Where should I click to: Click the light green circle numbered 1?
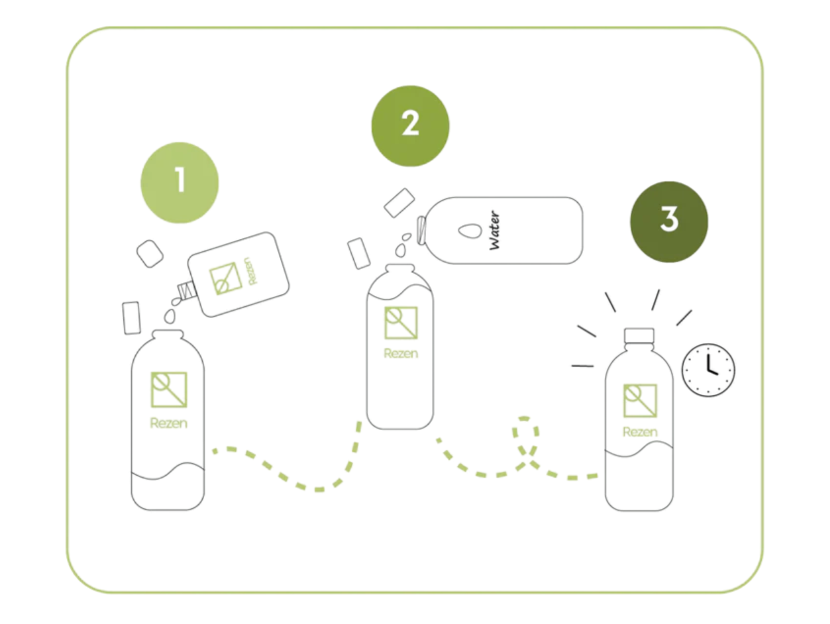[180, 183]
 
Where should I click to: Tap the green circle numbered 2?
[410, 126]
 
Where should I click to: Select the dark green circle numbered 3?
[669, 221]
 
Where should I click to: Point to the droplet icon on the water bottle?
[470, 231]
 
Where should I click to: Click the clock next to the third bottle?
[708, 370]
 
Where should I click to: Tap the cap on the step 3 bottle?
[639, 335]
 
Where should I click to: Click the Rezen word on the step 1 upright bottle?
[169, 423]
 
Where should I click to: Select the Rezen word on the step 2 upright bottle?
[401, 353]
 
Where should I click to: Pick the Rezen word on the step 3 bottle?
[640, 432]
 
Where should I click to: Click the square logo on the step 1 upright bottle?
[169, 390]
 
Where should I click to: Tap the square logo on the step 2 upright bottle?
[401, 323]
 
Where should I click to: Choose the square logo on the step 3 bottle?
[640, 401]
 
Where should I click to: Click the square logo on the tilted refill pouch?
[226, 279]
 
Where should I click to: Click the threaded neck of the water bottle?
[421, 230]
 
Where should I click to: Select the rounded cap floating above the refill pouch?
[150, 254]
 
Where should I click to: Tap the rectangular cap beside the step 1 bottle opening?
[132, 318]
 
